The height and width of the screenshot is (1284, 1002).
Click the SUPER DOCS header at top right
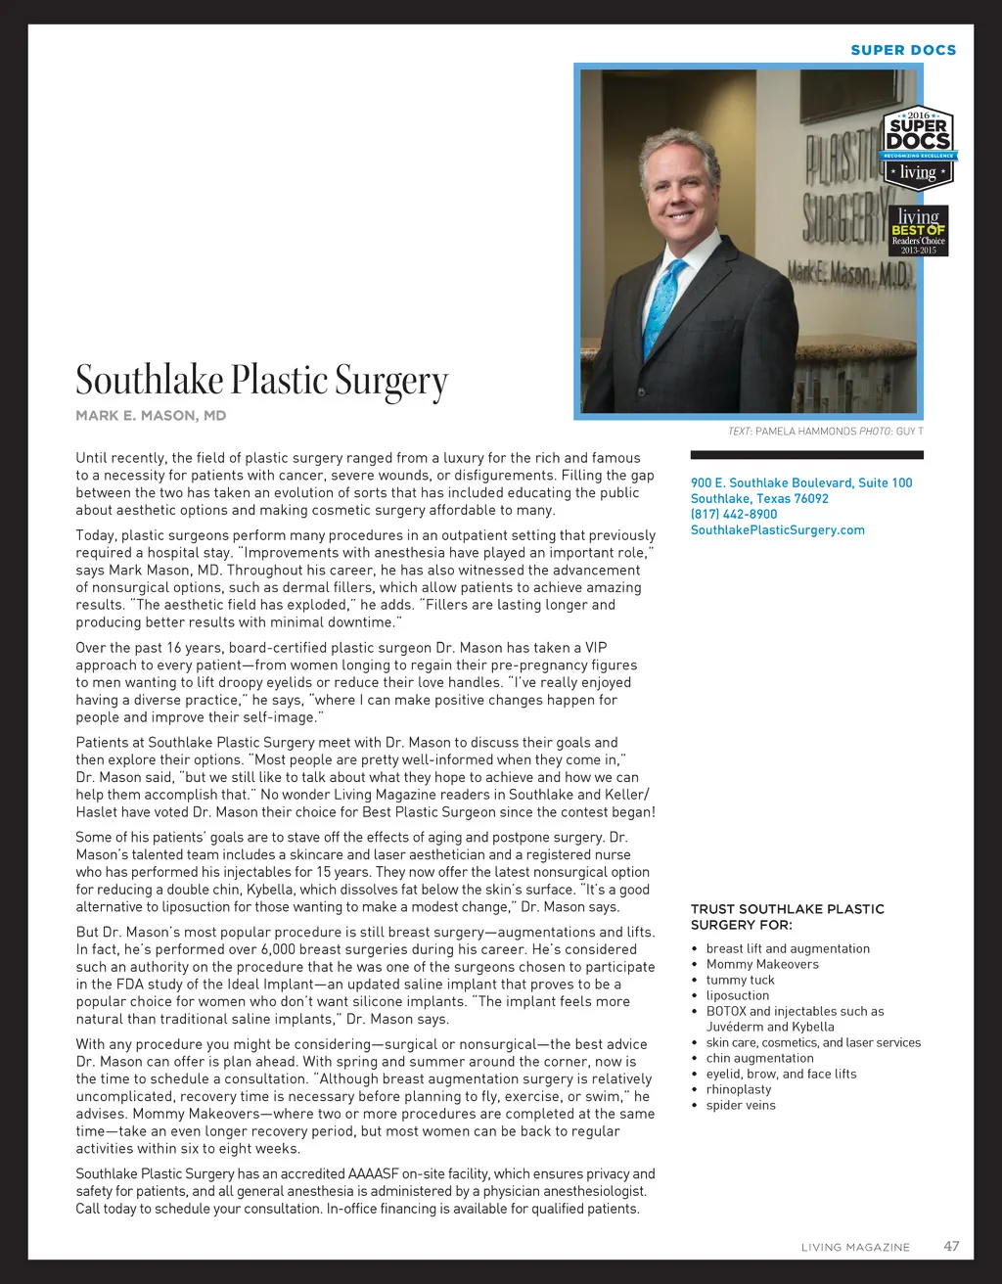(903, 50)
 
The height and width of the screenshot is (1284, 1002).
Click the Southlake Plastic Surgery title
(262, 381)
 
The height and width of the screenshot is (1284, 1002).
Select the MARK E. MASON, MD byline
(151, 416)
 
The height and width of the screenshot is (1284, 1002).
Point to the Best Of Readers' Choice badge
(918, 231)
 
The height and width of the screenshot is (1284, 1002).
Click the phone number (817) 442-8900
(734, 514)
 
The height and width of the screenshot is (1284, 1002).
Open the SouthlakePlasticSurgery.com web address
(777, 529)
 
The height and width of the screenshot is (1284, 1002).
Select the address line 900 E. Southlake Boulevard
(801, 482)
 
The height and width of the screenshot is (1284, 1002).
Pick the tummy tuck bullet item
(740, 980)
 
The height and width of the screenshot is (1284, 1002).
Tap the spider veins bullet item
(741, 1105)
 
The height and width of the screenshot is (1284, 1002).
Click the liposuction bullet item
(738, 995)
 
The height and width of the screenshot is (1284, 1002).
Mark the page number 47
(951, 1246)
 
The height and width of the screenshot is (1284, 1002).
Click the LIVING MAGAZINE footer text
(855, 1247)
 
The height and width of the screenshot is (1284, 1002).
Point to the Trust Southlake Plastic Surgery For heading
(787, 917)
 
